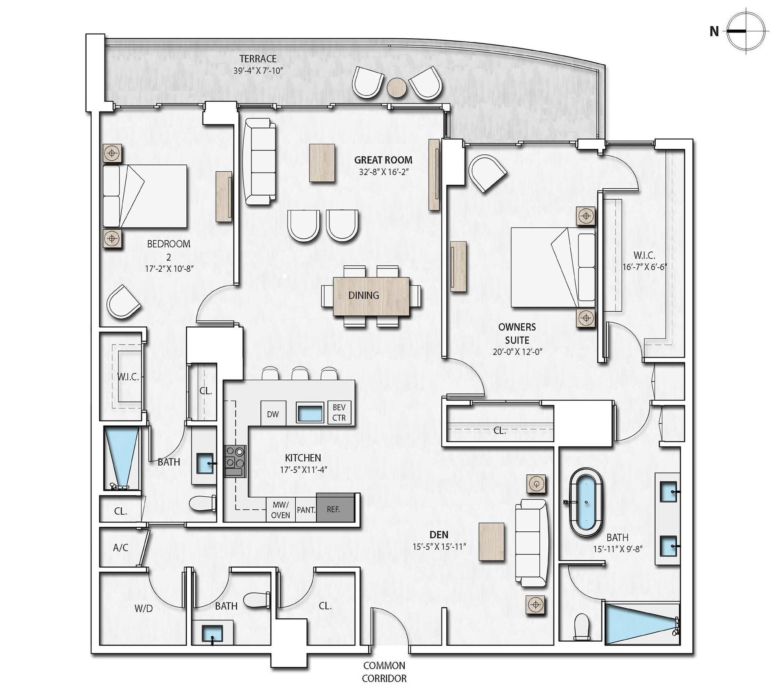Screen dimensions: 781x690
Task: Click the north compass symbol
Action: coord(746,32)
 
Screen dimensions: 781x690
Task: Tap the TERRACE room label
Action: coord(258,59)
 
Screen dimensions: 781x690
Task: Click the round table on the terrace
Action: coord(396,87)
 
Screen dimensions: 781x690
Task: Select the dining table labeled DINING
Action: coord(371,296)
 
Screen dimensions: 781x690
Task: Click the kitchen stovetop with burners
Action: coord(236,461)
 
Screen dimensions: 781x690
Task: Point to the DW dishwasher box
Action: coord(273,414)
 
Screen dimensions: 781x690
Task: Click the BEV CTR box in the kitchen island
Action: coord(339,413)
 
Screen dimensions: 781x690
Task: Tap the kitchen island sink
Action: coord(310,413)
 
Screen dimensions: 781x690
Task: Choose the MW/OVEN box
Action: coord(281,510)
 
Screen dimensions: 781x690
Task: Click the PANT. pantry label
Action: coord(306,509)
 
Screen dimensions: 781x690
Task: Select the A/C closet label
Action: coord(121,548)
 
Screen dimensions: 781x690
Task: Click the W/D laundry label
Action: coord(144,609)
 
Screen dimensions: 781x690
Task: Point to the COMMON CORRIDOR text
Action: coord(384,672)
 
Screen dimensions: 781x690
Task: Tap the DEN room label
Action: coord(438,535)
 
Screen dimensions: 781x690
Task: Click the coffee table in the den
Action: coord(492,542)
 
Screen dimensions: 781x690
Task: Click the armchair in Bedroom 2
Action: coord(123,302)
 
